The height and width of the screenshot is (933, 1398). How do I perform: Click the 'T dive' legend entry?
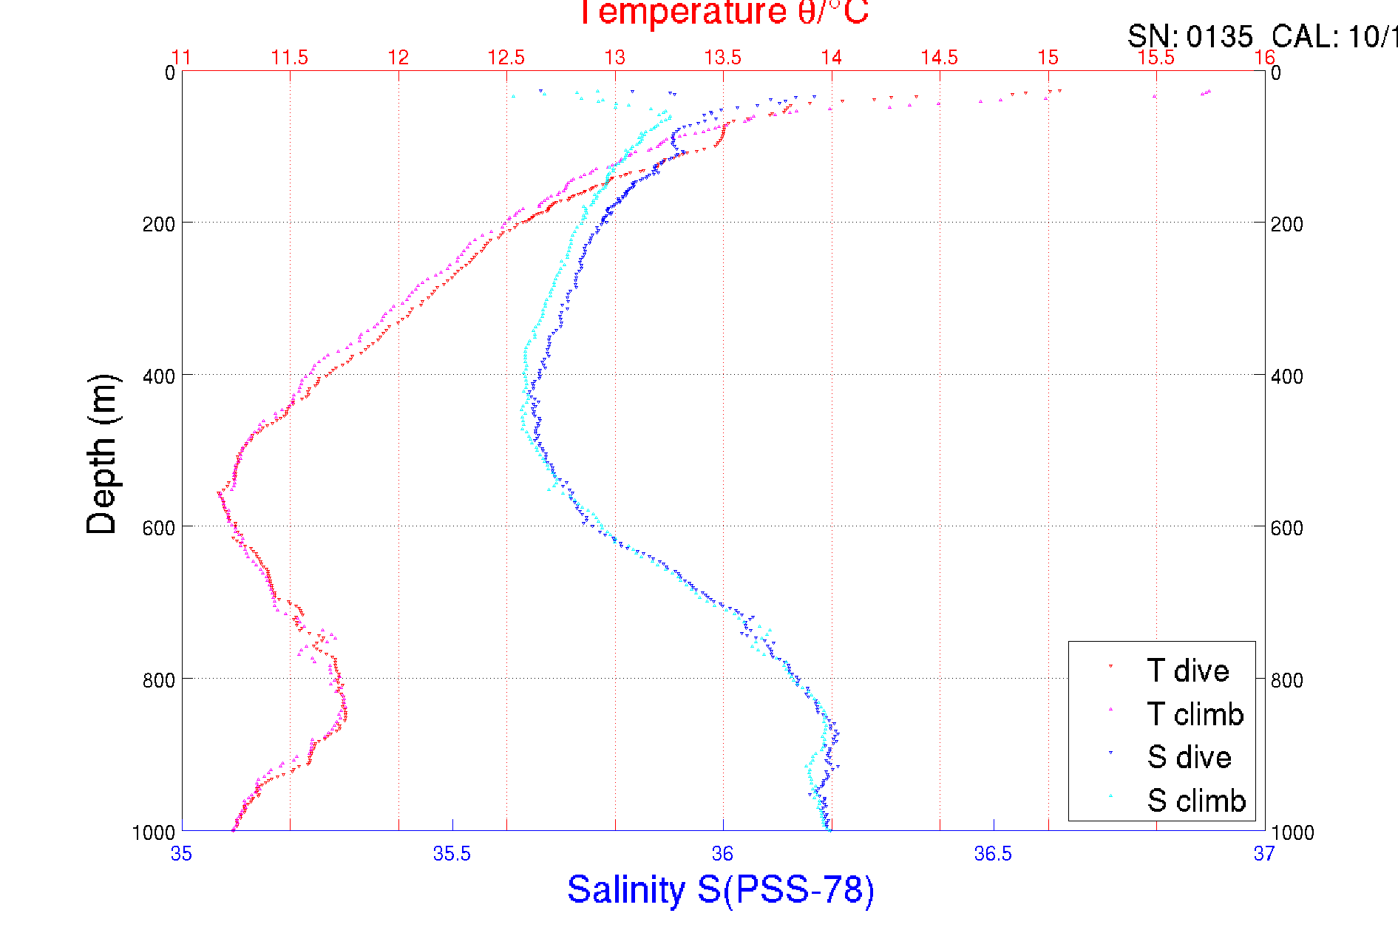(x=1187, y=671)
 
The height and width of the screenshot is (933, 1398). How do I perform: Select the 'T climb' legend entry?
(x=1195, y=714)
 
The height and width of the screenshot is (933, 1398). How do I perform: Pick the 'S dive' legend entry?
(x=1189, y=757)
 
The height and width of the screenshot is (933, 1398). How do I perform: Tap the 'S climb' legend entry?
(x=1196, y=801)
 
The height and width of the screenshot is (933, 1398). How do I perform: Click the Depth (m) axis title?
(x=102, y=454)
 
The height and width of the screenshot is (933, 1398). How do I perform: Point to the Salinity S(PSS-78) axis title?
(x=721, y=889)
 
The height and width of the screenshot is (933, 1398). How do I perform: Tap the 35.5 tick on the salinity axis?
(x=452, y=854)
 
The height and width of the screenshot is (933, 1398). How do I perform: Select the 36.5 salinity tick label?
(x=993, y=854)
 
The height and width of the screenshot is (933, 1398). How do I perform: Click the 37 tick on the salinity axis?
(x=1263, y=854)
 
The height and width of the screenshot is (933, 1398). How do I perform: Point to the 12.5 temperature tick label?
(x=506, y=58)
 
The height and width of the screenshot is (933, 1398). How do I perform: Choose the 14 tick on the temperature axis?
(x=832, y=58)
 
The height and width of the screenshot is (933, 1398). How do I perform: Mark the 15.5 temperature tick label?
(x=1156, y=58)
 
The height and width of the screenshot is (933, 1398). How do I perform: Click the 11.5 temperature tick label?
(x=290, y=58)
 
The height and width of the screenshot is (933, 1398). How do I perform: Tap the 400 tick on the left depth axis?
(x=159, y=376)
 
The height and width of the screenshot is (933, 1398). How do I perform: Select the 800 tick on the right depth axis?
(x=1287, y=680)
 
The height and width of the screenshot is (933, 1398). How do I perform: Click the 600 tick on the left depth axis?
(x=159, y=528)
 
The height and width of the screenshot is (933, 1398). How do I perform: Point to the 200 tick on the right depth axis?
(x=1287, y=224)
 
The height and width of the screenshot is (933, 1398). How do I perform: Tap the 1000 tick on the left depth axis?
(x=154, y=832)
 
